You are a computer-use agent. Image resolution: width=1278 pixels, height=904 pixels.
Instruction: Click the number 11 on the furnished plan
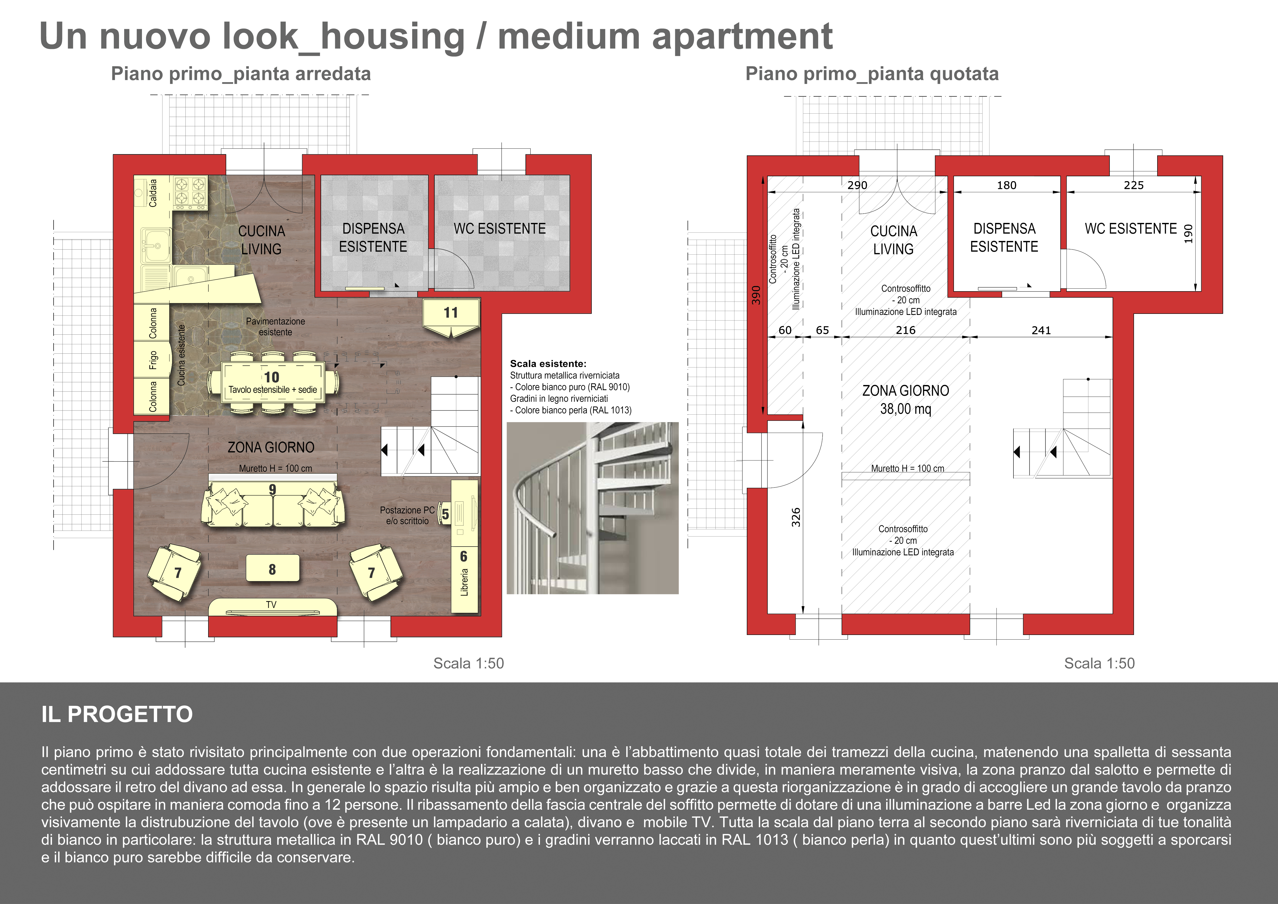(451, 313)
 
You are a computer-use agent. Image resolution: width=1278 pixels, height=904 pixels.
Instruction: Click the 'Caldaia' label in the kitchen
(153, 192)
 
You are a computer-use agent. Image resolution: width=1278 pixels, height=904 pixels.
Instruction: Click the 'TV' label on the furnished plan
(271, 605)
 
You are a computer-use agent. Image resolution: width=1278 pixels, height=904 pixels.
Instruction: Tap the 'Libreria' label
(464, 582)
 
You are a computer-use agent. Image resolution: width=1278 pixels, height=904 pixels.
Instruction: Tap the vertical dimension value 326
(796, 517)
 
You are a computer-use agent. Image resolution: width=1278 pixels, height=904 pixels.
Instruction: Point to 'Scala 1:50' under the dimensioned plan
(1099, 663)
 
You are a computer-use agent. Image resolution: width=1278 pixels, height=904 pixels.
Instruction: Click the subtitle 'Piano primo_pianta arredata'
(241, 73)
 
